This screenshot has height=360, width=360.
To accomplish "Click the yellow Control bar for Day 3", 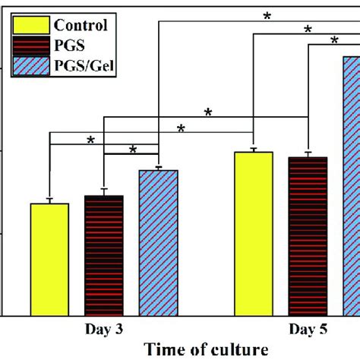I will pyautogui.click(x=49, y=259).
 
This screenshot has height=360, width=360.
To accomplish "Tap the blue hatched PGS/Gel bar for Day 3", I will pyautogui.click(x=158, y=242).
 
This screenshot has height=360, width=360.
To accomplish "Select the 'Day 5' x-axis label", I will pyautogui.click(x=308, y=330).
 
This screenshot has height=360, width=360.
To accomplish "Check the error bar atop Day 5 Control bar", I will pyautogui.click(x=254, y=150).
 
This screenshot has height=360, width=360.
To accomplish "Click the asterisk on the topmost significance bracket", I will pyautogui.click(x=267, y=14).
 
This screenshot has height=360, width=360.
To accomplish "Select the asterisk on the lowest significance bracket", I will pyautogui.click(x=133, y=150).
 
